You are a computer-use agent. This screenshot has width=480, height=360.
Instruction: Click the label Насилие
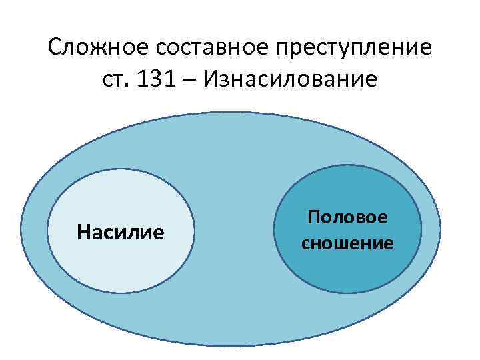tap(120, 233)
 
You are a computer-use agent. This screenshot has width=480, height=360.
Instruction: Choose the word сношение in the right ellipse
tap(347, 243)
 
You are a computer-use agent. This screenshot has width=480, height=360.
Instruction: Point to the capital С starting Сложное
tap(55, 48)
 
